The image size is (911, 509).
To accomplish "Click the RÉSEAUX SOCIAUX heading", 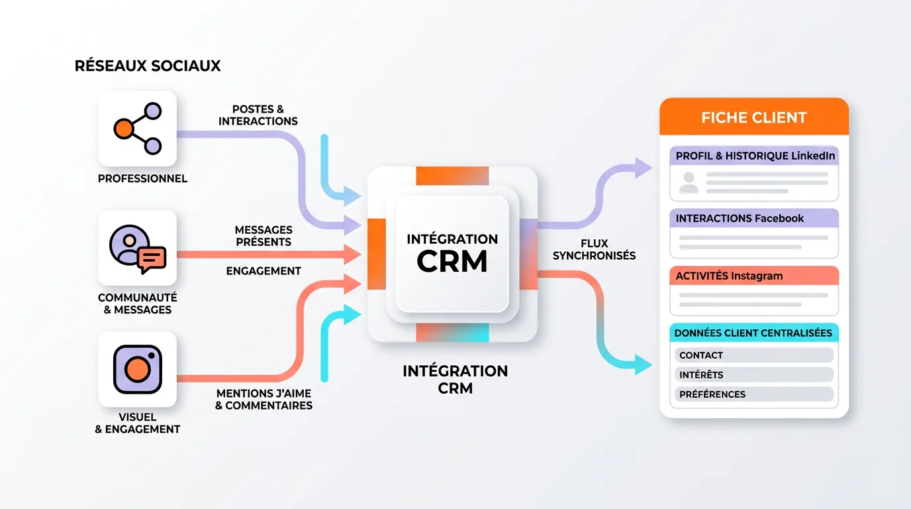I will [x=148, y=66].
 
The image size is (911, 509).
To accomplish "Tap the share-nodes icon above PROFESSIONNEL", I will [x=137, y=129].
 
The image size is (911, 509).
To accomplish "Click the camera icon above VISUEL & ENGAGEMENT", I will [x=137, y=369].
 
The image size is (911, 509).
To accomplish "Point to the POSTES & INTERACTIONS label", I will [x=258, y=115].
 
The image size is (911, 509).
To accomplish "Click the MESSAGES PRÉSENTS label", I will [x=263, y=236].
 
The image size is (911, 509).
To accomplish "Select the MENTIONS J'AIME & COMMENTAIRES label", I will [x=264, y=399].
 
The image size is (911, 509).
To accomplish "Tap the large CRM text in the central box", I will [x=452, y=261].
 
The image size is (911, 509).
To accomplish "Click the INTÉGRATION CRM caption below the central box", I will [x=455, y=379].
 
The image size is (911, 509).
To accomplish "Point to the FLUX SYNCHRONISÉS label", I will [x=594, y=249].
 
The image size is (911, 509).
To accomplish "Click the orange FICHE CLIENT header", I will [x=754, y=118].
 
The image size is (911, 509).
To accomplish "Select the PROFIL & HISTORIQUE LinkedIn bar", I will [x=754, y=156].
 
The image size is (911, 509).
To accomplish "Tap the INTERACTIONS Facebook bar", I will [x=754, y=218].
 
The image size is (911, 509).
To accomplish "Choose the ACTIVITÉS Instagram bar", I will [x=754, y=276].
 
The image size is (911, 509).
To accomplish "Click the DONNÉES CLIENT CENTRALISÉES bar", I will [x=754, y=333].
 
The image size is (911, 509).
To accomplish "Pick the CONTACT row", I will [x=754, y=355].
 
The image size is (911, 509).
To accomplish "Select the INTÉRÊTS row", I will [x=754, y=374].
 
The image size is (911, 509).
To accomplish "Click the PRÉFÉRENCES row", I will [x=754, y=394].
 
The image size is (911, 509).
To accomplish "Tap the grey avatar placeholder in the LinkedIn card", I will [x=689, y=182].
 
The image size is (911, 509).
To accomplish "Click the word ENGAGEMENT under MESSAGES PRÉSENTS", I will [x=264, y=271].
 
